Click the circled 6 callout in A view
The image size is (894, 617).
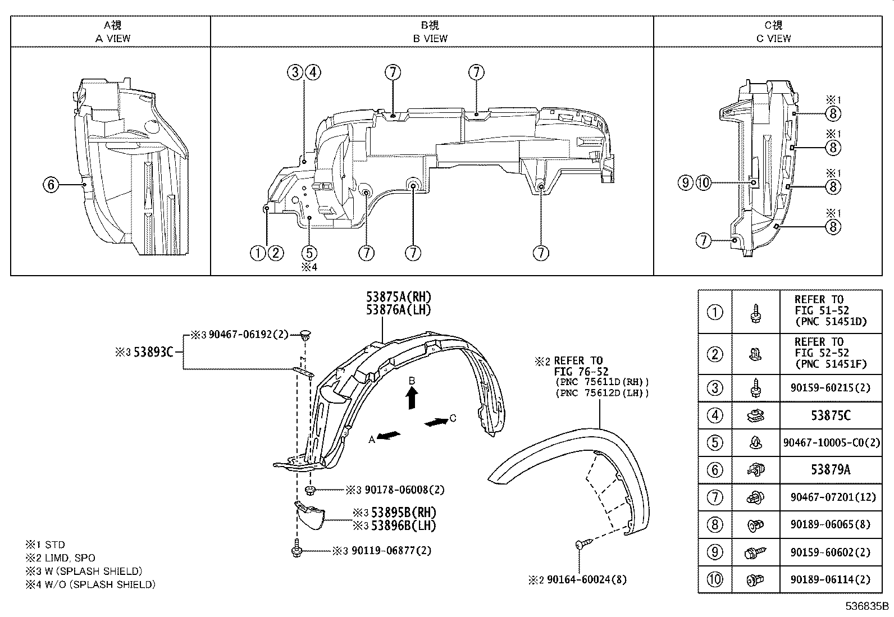coord(51,184)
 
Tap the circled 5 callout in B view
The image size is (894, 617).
coord(309,253)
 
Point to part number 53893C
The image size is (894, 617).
coord(153,352)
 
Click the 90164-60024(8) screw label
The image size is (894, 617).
coord(587,579)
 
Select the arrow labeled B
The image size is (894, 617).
coord(412,399)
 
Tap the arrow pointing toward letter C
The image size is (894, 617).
coord(436,422)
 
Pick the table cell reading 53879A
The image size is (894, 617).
coord(830,470)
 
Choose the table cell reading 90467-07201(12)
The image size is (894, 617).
coord(830,497)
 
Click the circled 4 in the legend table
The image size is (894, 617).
coord(714,416)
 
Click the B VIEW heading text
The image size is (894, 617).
coord(430,38)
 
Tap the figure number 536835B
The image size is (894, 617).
coord(868,606)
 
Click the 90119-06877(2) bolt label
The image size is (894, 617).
coord(391,551)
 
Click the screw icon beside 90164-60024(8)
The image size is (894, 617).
coord(583,543)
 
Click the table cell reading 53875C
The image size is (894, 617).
coord(830,416)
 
